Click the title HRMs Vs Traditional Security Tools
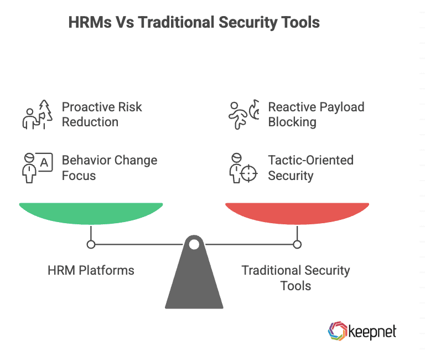coord(194,23)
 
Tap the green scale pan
coord(91,213)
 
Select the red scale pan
coord(297,213)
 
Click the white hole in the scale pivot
coord(194,244)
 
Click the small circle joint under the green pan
coord(91,244)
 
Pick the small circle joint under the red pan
coord(297,244)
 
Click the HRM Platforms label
coord(91,271)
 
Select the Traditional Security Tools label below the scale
coord(296,278)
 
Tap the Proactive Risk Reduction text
coord(102,114)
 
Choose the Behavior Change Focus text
coord(110,168)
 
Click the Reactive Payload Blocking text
coord(316,114)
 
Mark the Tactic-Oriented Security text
coord(310,168)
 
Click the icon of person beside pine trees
coord(37,115)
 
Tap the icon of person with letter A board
coord(37,168)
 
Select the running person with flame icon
coord(243,115)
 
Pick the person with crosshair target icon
coord(243,168)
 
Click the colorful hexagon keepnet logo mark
coord(337,331)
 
